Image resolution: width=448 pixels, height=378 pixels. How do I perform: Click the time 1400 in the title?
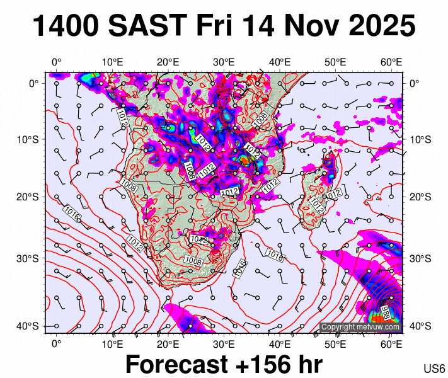[66, 26]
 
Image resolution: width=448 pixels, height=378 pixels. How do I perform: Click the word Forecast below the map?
[176, 364]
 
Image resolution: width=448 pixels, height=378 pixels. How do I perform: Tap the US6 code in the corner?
[434, 369]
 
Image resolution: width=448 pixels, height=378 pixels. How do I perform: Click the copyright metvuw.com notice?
[360, 327]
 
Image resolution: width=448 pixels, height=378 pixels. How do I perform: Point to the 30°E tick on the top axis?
[224, 62]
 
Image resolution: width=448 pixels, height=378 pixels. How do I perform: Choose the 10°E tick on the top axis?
[112, 62]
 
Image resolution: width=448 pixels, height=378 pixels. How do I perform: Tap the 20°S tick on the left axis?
[32, 197]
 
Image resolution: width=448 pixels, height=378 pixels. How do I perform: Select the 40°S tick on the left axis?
[32, 326]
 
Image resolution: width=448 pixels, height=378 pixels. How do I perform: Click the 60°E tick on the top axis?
[391, 62]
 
